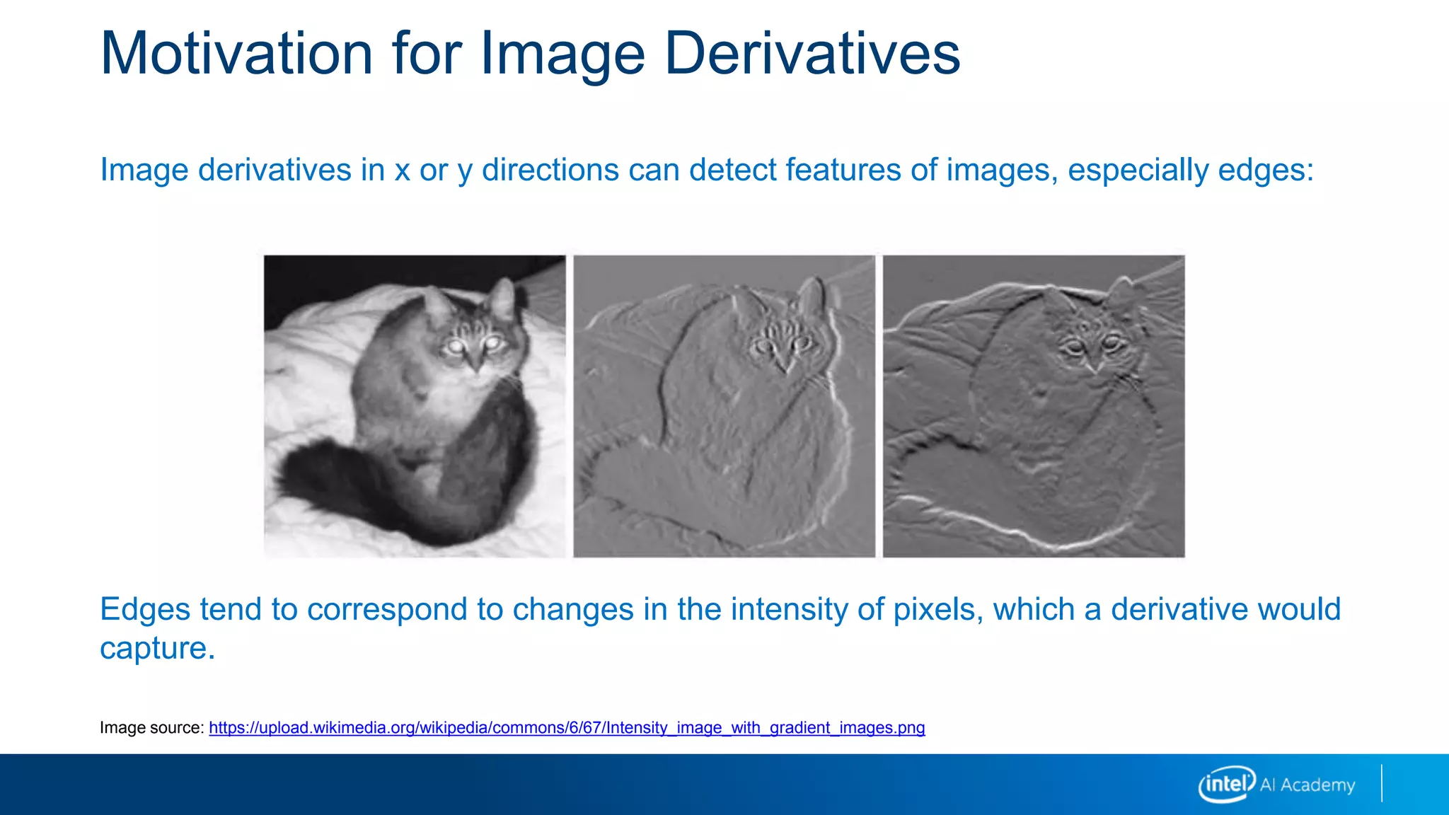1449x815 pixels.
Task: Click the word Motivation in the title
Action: (236, 54)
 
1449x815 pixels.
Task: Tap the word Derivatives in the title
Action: (812, 54)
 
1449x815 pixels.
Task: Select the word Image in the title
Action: (562, 54)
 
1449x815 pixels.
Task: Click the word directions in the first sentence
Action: (550, 170)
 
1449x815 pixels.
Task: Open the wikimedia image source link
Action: (566, 728)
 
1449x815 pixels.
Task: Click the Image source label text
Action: (151, 728)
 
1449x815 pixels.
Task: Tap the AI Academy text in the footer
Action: (1307, 785)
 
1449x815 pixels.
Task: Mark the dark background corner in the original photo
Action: (318, 276)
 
